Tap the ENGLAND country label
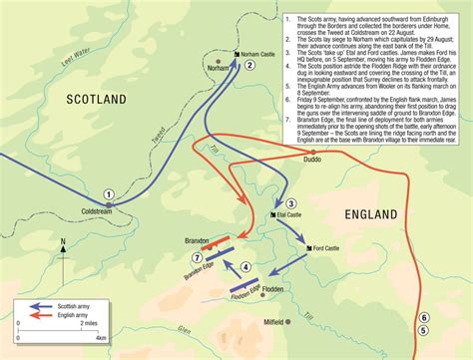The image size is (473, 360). (371, 213)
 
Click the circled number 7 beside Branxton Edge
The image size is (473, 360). (197, 258)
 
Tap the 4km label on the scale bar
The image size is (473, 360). (101, 339)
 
